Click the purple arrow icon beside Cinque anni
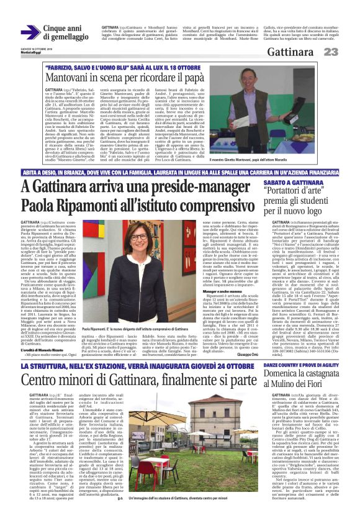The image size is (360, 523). click(30, 33)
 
